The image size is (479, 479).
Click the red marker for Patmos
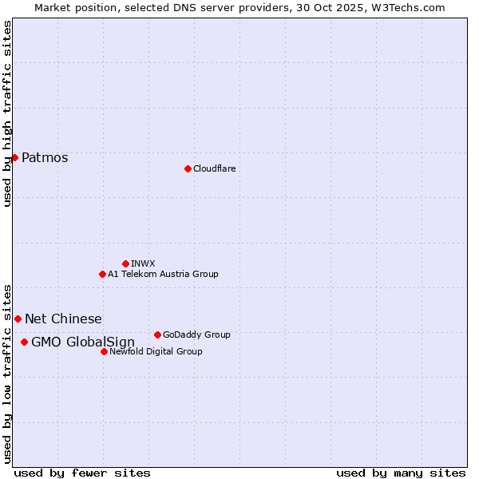coord(14,157)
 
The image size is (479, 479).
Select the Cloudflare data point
coord(188,168)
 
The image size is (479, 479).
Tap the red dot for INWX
coord(125,263)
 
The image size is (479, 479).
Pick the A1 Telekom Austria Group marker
coord(102,274)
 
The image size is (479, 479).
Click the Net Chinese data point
coord(18,319)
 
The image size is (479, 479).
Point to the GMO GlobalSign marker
coord(24,342)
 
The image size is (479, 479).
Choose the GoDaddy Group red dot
coord(157,335)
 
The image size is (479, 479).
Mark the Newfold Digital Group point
coord(104,351)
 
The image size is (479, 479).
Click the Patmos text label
coord(45,157)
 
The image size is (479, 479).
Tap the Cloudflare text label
coord(214,168)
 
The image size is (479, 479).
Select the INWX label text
coord(143,263)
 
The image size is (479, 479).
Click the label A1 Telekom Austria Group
coord(163,274)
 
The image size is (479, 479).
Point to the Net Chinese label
coord(63,319)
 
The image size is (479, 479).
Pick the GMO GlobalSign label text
coord(83,342)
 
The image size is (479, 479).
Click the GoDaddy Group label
coord(196,335)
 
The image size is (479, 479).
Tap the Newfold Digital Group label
coord(156,351)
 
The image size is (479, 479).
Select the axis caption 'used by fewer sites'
coord(82,473)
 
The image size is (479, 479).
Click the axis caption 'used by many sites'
coord(401,473)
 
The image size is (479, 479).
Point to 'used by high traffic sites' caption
coord(7,113)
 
